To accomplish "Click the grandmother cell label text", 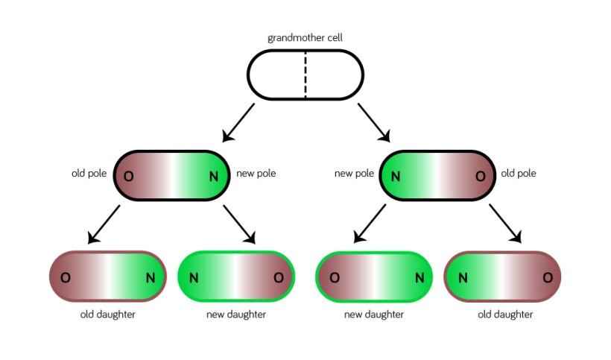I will pos(305,37).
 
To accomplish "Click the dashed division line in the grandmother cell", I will pos(305,75).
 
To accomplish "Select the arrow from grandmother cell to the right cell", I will pos(374,122).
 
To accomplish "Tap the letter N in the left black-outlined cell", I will pos(214,176).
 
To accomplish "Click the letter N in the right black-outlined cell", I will pos(396,176).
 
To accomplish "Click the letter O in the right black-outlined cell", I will pos(480,176).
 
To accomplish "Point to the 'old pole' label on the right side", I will pos(519,174).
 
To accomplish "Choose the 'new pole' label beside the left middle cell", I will pos(256,174).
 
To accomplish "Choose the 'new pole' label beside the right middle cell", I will pos(354,174).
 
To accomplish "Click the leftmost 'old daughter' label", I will pos(108,315).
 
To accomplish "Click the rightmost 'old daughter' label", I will pos(505,315).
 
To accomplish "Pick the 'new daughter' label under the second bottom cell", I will pos(235,315).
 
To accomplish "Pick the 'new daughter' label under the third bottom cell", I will pos(374,315).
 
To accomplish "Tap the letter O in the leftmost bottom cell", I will pos(66,277).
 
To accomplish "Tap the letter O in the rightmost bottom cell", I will pos(547,277).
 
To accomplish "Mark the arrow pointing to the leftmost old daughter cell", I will pos(104,224).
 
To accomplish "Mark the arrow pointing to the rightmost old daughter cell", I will pos(504,224).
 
